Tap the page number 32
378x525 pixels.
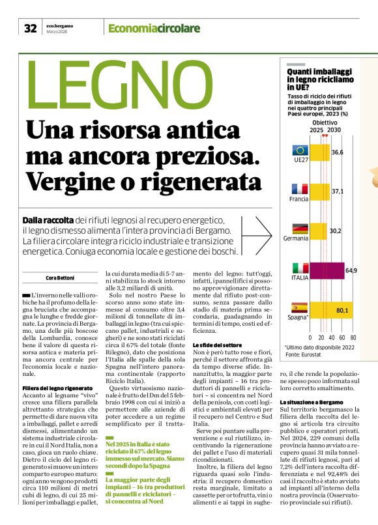tap(30, 28)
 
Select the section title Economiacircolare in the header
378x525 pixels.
tap(154, 28)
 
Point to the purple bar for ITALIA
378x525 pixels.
tap(326, 270)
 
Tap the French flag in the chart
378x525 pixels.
tap(300, 189)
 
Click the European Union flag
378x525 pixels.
tap(300, 150)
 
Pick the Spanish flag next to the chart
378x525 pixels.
tap(300, 308)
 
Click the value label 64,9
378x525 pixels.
tap(351, 270)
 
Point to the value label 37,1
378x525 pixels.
tap(338, 192)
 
